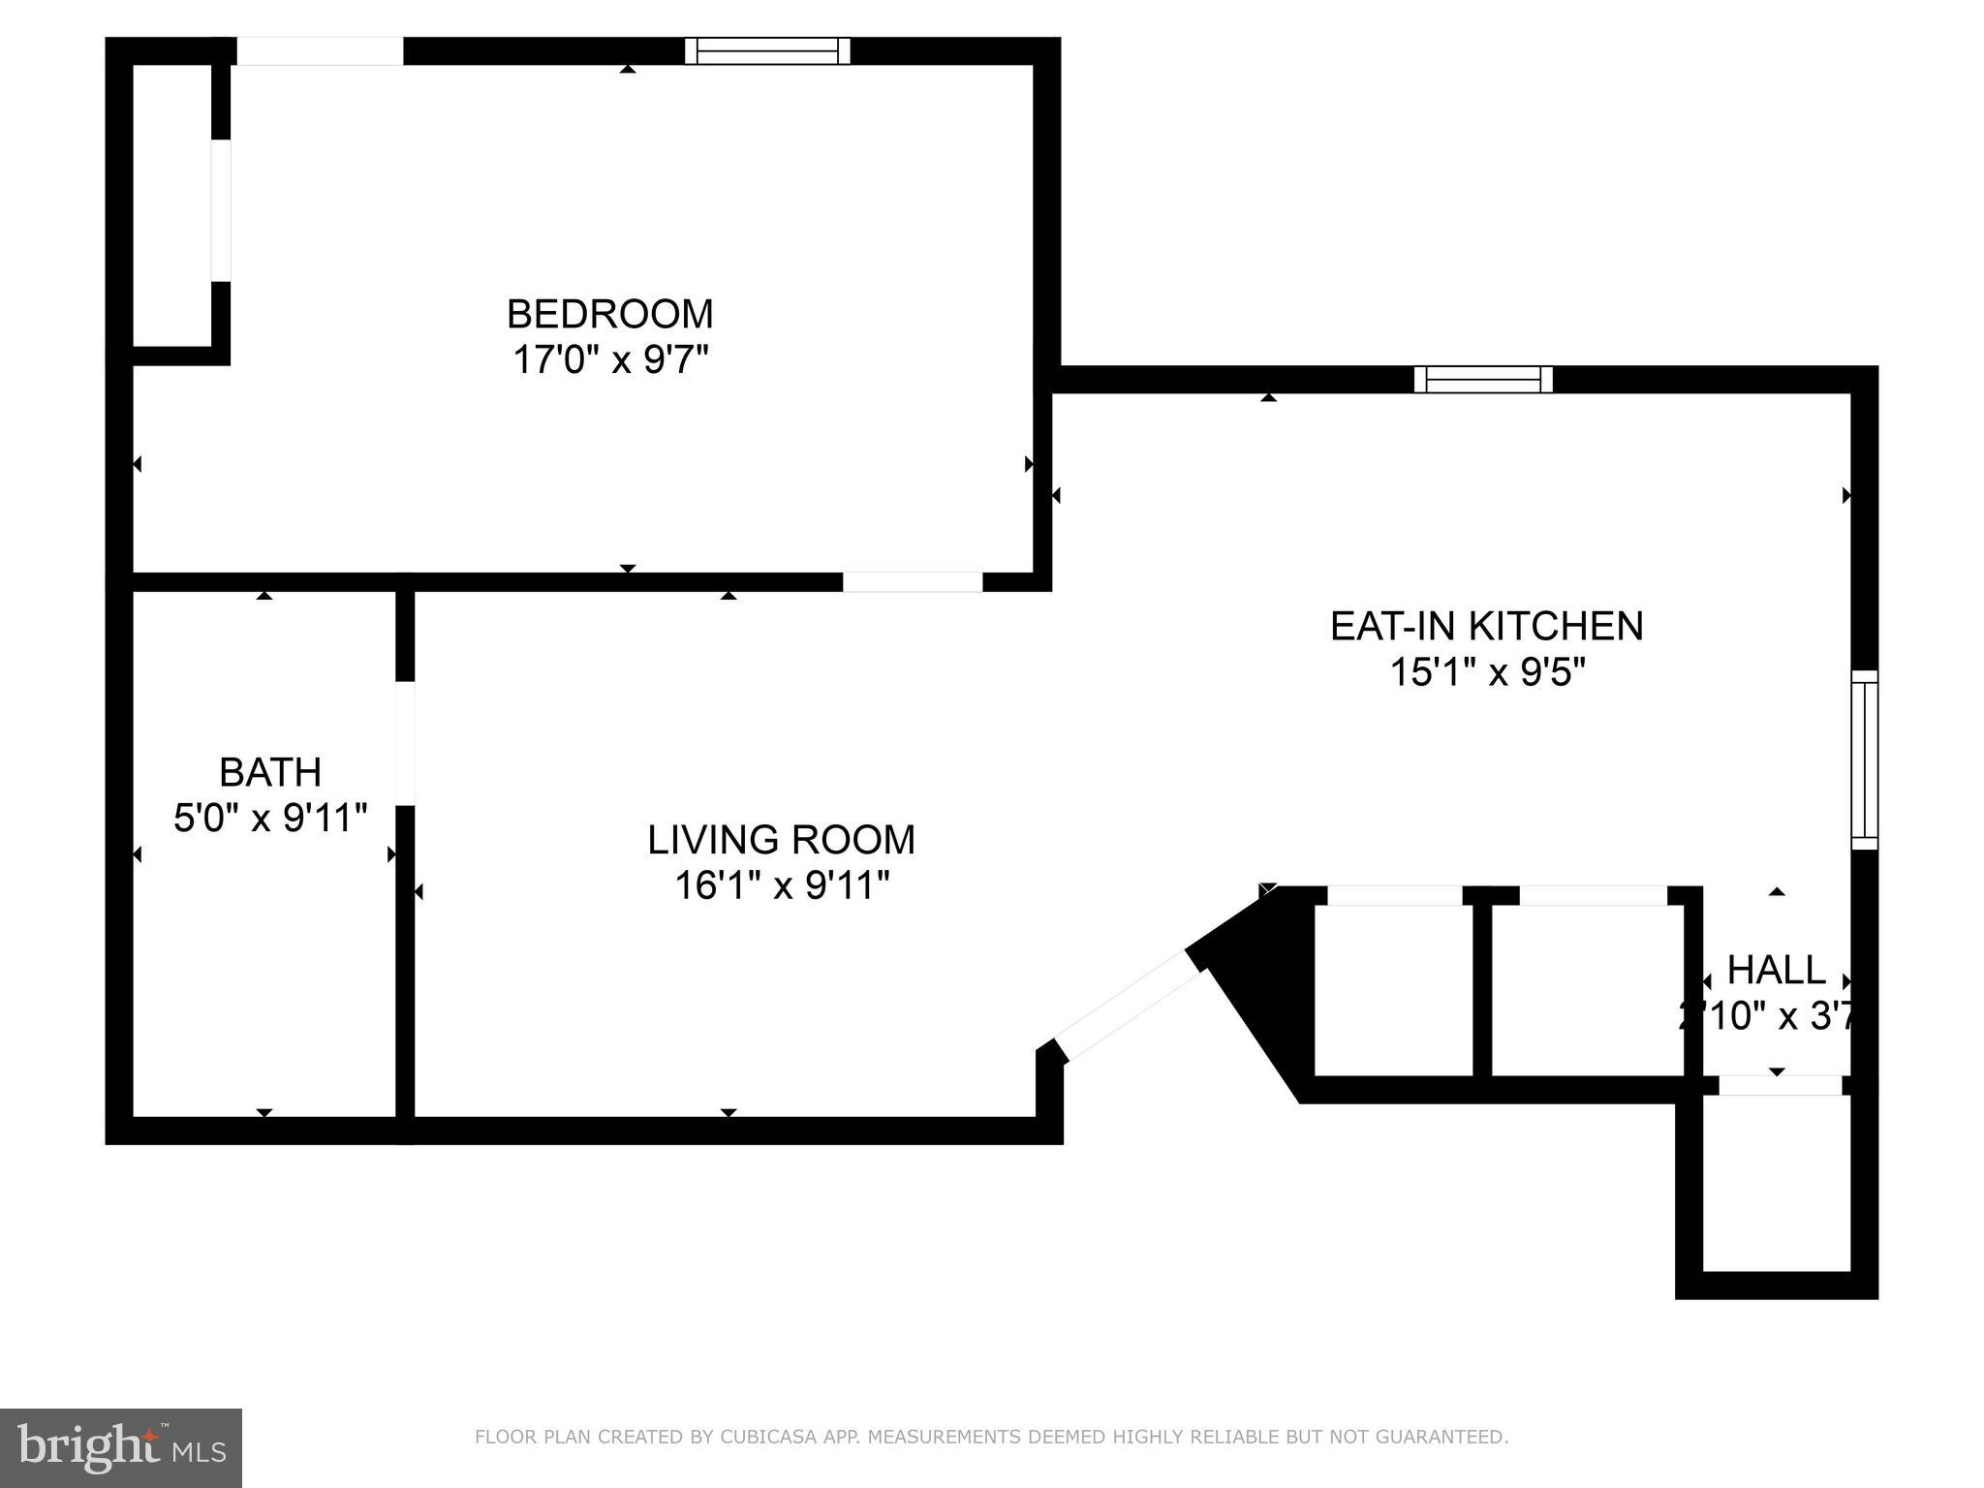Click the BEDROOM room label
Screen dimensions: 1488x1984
(609, 314)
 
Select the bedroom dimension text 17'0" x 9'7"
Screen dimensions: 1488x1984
(609, 360)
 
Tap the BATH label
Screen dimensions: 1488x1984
(270, 772)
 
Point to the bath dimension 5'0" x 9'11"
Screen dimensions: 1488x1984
(270, 819)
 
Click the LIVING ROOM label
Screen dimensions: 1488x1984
(781, 840)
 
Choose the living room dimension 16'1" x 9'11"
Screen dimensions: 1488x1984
(781, 885)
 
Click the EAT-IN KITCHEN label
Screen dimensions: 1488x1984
(1486, 626)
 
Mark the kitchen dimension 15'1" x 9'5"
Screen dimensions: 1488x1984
(1486, 672)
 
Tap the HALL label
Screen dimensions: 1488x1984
(1776, 970)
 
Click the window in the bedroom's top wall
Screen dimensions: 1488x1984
(767, 50)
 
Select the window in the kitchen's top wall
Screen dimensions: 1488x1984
(1483, 379)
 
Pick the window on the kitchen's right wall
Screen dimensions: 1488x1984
(1864, 760)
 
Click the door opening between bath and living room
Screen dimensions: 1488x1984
(405, 743)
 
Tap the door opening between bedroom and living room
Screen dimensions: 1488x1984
(912, 581)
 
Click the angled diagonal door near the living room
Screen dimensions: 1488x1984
(1129, 1007)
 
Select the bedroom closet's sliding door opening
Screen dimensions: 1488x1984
(221, 210)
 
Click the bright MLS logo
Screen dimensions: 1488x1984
(120, 1447)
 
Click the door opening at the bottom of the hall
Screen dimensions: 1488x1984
(1780, 1085)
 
